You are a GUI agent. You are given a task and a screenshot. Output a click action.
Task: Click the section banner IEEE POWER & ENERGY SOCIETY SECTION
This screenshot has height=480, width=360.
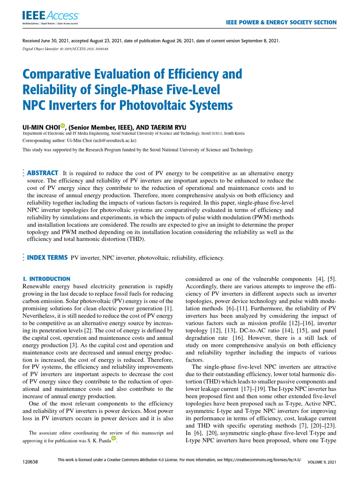point(281,22)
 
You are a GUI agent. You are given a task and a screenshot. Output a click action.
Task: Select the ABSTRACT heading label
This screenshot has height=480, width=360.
point(43,173)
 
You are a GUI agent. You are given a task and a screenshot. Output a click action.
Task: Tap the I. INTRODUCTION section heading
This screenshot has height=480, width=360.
point(46,279)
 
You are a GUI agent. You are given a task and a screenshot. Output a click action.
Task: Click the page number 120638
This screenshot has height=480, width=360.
point(30,462)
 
